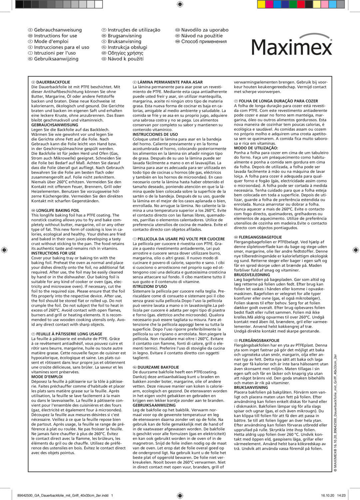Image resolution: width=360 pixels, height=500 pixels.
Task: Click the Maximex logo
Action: (292, 45)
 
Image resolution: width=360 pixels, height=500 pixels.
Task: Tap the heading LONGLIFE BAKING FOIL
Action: (58, 210)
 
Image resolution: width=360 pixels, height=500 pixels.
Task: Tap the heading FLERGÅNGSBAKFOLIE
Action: (259, 341)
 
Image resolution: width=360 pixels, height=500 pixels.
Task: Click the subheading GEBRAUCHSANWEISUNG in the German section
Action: (55, 125)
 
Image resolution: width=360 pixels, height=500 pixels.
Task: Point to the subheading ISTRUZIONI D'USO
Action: (150, 286)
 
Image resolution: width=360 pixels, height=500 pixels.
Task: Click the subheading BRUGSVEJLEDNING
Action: (252, 275)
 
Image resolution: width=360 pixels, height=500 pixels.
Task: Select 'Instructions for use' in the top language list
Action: (55, 36)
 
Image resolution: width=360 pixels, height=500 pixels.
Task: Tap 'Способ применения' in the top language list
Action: (204, 41)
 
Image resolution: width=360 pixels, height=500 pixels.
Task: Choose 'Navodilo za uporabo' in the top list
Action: (205, 30)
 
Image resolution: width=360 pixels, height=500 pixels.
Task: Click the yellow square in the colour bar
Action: (261, 4)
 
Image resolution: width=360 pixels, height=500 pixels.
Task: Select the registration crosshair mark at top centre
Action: (180, 4)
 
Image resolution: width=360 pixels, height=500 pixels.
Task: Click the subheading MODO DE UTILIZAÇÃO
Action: (256, 148)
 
